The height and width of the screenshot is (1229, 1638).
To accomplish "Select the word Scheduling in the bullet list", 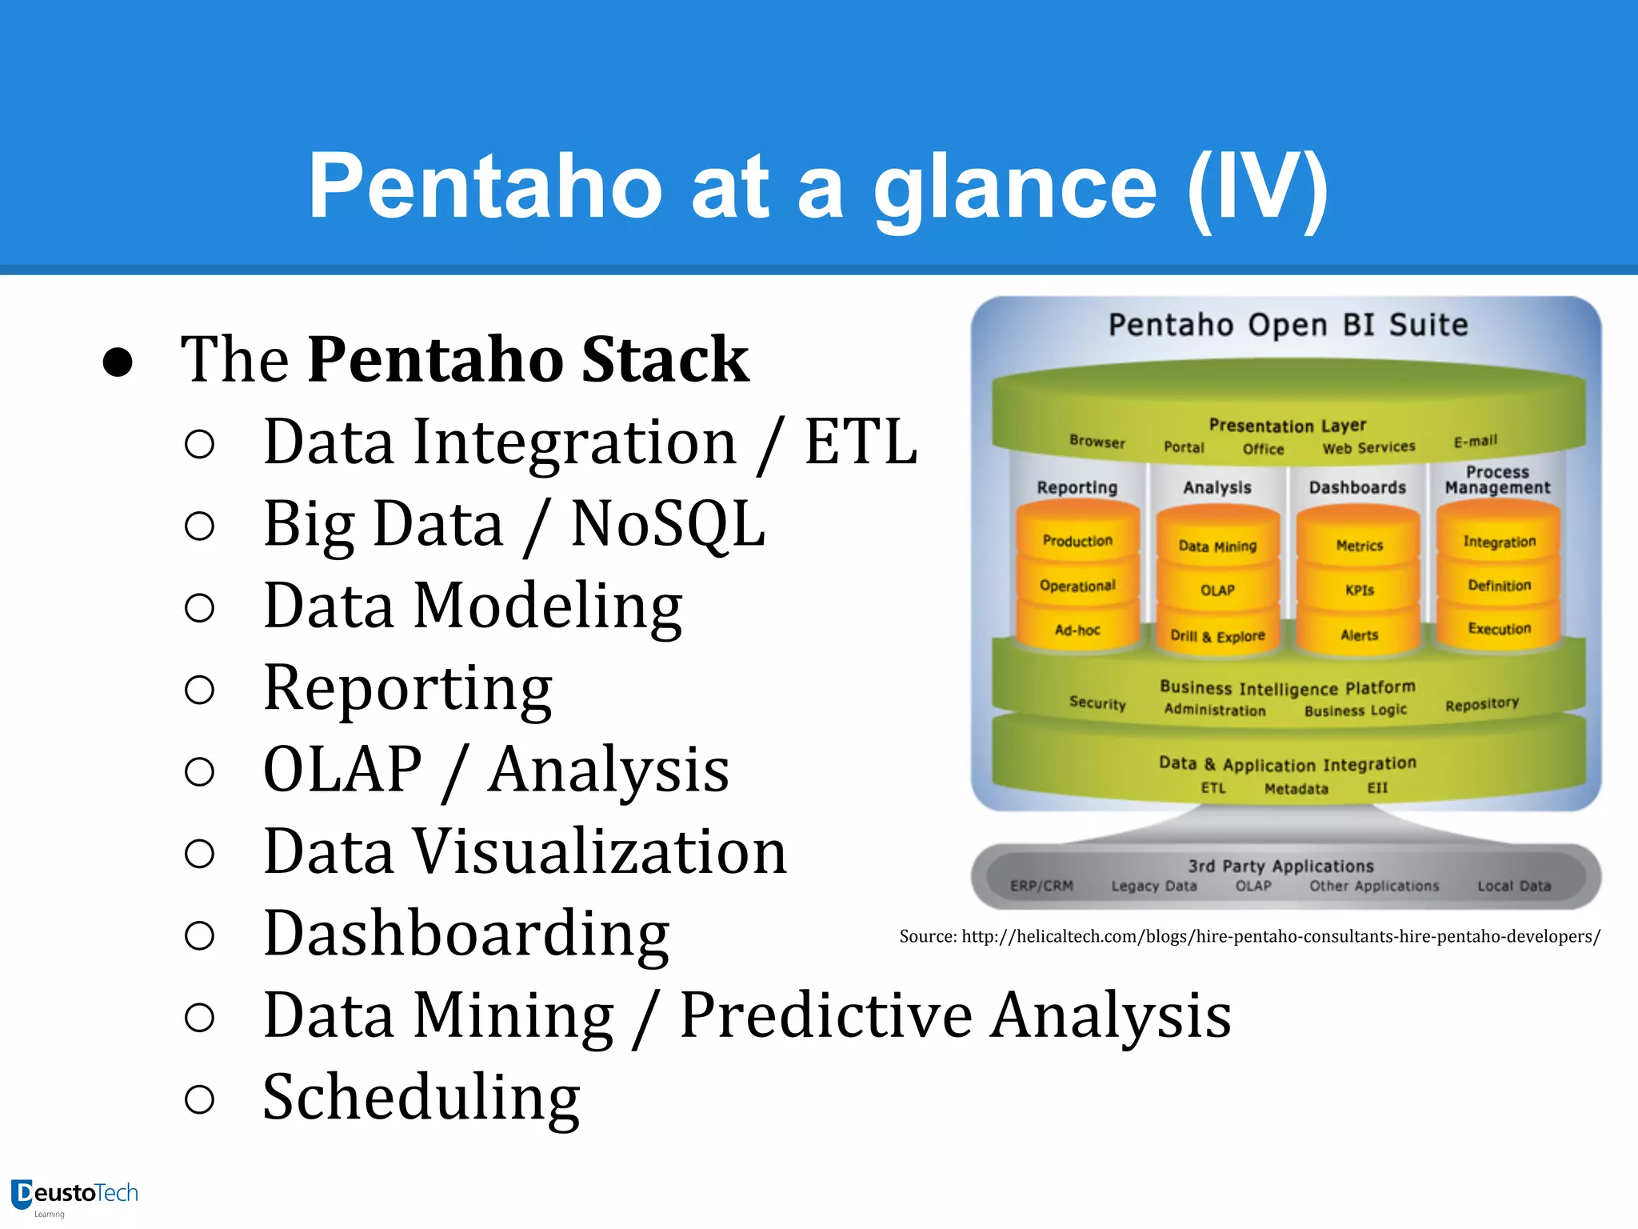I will coord(421,1098).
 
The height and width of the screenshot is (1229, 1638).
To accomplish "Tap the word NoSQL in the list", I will coord(668,524).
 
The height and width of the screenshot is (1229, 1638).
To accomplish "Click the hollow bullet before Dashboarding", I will coord(199,935).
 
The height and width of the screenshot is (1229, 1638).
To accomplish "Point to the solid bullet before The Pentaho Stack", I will coord(118,362).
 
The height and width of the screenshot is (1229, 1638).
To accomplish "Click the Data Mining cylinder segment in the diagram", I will coord(1217,546).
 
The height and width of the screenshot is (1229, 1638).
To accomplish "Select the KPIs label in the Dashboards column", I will coord(1359,590).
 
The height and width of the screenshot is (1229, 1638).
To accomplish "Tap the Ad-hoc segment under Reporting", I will coord(1077,631).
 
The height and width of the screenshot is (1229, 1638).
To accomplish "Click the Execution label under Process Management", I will coord(1499,629).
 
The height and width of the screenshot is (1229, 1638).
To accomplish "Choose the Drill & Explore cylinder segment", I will coord(1217,636).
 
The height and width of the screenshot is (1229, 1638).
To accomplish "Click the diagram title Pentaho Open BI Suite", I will coord(1288,326).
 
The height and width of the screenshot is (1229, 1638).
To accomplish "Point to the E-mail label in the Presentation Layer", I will coord(1475,441).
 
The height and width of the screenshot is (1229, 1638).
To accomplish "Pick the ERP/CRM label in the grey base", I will coord(1041,886).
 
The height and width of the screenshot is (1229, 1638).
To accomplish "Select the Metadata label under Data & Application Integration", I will coord(1296,789).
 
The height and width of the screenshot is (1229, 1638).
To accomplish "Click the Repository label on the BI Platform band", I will coord(1481,704).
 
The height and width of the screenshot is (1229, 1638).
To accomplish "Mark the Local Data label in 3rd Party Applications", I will coord(1513,886).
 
